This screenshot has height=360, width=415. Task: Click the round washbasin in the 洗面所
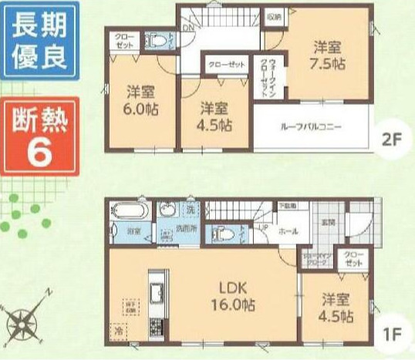click(x=167, y=211)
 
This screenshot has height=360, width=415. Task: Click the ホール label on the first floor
click(x=285, y=230)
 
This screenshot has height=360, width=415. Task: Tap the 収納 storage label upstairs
click(x=274, y=16)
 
